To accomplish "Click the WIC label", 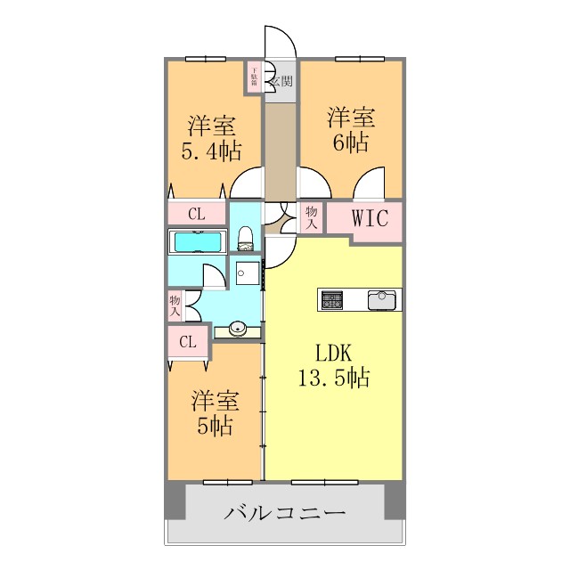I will pyautogui.click(x=370, y=218).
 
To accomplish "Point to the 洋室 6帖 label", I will pyautogui.click(x=350, y=129).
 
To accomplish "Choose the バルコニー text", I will pyautogui.click(x=284, y=513).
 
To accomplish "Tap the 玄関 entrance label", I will pyautogui.click(x=282, y=81).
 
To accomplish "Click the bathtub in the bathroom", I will pyautogui.click(x=199, y=241).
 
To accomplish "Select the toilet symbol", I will pyautogui.click(x=246, y=238).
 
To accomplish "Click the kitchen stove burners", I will pyautogui.click(x=332, y=299).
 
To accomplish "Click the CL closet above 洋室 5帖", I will pyautogui.click(x=188, y=341).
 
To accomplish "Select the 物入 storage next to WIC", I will pyautogui.click(x=311, y=217).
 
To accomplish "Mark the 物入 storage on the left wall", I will pyautogui.click(x=175, y=306).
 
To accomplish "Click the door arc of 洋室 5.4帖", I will pyautogui.click(x=246, y=183).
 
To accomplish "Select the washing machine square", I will pyautogui.click(x=248, y=272).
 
